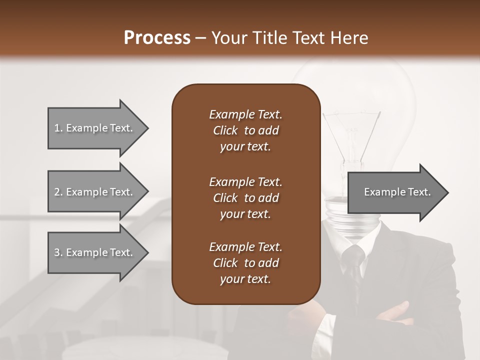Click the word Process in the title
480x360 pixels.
click(157, 38)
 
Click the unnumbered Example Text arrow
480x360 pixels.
click(397, 192)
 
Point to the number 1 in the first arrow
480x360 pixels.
click(56, 128)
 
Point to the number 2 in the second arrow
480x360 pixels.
click(56, 192)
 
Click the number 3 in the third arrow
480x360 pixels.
click(56, 252)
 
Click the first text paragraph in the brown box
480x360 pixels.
click(245, 130)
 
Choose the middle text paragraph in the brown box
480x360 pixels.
click(245, 198)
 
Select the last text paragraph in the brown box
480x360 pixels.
click(245, 263)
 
